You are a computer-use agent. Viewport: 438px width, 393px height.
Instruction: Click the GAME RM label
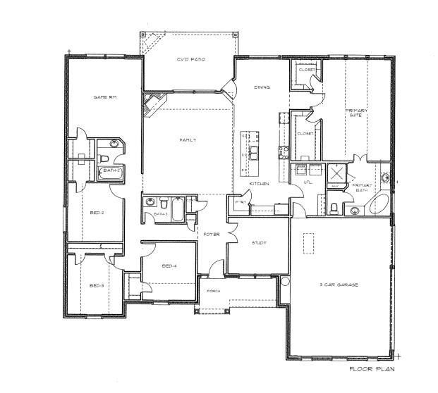tap(104, 96)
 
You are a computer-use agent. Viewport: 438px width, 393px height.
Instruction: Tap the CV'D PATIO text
tap(190, 61)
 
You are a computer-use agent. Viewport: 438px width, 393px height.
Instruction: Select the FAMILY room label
tap(188, 140)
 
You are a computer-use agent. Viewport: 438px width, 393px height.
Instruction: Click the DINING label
tap(262, 87)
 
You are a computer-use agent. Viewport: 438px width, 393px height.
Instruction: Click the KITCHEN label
tap(260, 184)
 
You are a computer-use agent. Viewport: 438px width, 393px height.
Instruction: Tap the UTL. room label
tap(308, 182)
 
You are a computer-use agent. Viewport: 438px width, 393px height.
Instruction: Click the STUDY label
tap(259, 243)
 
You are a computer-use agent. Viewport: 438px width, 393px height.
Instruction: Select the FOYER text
tap(212, 234)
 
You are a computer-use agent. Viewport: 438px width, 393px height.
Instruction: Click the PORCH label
tap(214, 290)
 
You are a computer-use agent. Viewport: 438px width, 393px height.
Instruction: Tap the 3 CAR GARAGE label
tap(340, 285)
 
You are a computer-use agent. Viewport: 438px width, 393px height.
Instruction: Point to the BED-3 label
tap(97, 285)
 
